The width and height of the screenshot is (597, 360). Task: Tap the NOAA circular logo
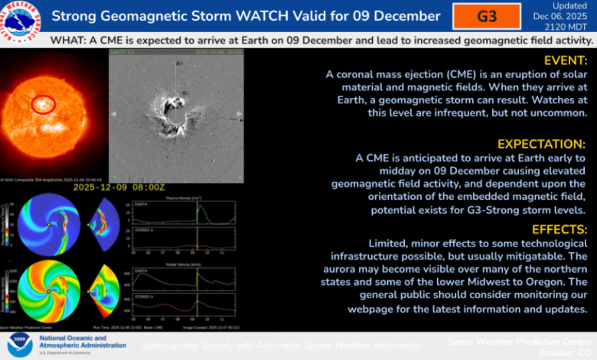[x=20, y=345]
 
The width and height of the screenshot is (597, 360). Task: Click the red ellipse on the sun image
[x=43, y=105]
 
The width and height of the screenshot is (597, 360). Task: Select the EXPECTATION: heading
[x=540, y=144]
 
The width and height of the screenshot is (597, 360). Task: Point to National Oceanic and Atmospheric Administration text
[x=82, y=341]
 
